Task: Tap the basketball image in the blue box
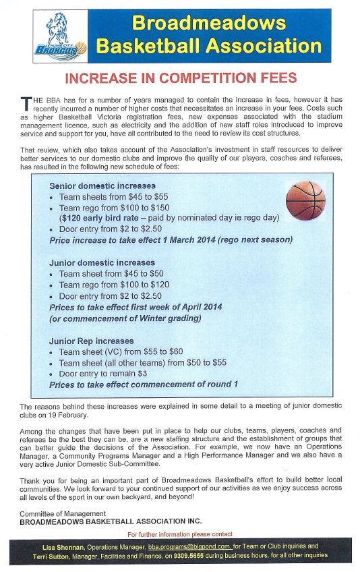(x=305, y=201)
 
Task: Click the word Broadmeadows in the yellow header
(x=209, y=24)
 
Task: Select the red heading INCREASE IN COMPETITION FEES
(x=181, y=78)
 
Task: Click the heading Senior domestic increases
(x=102, y=185)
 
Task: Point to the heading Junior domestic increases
(x=102, y=262)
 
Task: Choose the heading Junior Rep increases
(x=92, y=341)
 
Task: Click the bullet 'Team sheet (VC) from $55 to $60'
(x=121, y=351)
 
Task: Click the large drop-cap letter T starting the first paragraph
(x=25, y=103)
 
